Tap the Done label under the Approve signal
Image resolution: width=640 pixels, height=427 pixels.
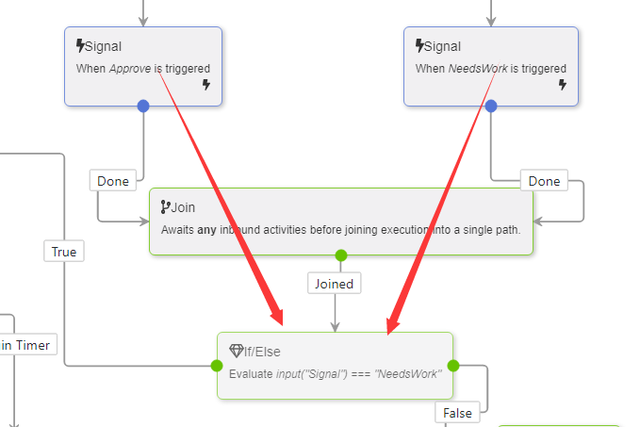(x=113, y=181)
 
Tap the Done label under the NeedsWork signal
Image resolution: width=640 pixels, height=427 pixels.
(x=544, y=181)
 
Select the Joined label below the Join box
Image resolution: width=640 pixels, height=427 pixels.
(x=334, y=284)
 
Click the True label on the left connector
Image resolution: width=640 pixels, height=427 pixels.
(x=64, y=252)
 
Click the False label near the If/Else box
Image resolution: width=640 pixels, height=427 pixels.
(x=458, y=413)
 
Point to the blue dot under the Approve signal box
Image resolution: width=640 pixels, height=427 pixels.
(x=143, y=106)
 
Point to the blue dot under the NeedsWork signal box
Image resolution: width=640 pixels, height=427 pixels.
(x=490, y=106)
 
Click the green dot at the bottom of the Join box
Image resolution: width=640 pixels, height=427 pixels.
(x=341, y=255)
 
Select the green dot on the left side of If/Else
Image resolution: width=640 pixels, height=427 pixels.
(x=217, y=366)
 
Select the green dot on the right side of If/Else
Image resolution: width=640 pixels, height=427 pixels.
(x=452, y=366)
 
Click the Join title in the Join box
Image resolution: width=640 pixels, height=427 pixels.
(x=183, y=207)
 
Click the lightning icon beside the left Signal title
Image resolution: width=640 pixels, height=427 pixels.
(x=80, y=45)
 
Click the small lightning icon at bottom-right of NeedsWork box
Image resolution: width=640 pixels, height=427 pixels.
(x=563, y=85)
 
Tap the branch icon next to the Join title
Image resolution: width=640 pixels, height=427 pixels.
(x=166, y=207)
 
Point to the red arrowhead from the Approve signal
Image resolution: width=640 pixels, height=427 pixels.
(x=274, y=317)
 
